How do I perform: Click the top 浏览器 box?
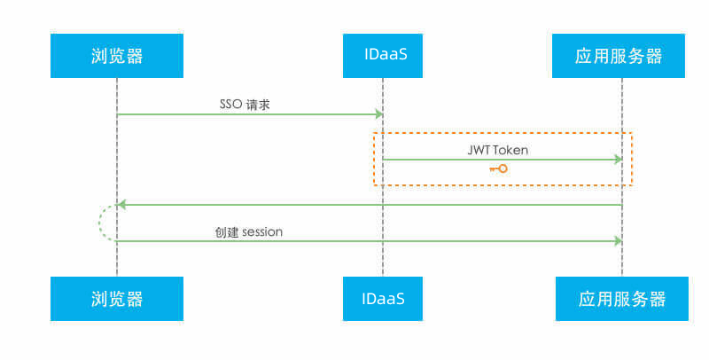[116, 56]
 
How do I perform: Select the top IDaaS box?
[383, 56]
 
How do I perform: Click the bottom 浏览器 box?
[116, 298]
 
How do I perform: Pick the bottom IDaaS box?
[383, 298]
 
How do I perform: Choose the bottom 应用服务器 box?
[621, 298]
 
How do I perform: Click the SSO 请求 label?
[244, 104]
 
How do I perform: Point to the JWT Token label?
[497, 150]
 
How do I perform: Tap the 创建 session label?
[248, 231]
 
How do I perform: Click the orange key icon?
[497, 168]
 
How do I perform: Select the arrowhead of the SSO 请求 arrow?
[378, 114]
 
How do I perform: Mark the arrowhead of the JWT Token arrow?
[618, 160]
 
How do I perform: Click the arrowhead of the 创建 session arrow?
[618, 240]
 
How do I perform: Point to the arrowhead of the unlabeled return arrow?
[122, 205]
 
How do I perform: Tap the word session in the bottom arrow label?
[261, 231]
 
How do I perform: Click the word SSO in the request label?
[230, 104]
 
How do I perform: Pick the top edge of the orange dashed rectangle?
[503, 133]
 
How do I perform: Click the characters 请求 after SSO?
[258, 104]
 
